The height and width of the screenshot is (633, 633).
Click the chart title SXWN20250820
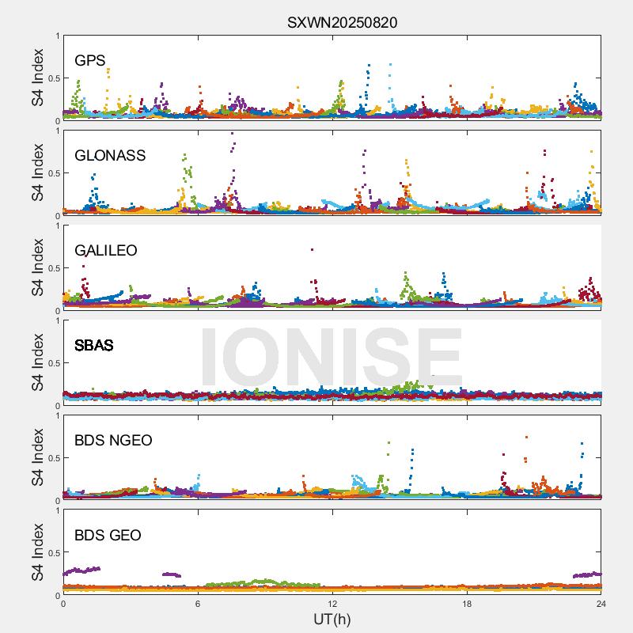pos(342,22)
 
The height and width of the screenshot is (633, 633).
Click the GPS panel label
pos(90,61)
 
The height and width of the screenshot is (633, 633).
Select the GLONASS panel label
pos(110,156)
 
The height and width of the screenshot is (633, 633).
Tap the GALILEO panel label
pos(106,251)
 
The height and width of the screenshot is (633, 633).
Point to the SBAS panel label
pos(94,346)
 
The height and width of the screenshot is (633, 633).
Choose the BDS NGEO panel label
pos(113,441)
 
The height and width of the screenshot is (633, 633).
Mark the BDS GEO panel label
pos(108,536)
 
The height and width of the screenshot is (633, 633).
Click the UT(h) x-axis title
pos(332,619)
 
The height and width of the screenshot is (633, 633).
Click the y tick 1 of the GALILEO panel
pos(57,226)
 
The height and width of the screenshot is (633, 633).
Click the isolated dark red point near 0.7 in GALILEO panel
pos(313,250)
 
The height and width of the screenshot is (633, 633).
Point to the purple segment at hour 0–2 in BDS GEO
pos(81,570)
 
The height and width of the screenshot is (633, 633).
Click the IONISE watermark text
pos(332,358)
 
